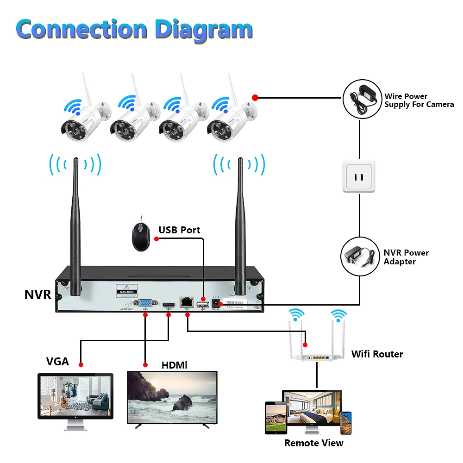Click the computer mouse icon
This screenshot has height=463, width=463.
tap(140, 236)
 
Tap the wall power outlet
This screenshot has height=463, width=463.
tap(358, 176)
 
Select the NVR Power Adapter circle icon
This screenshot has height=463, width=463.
tap(360, 257)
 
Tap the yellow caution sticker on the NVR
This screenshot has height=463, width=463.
tap(127, 290)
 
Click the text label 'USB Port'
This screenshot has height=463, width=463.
tap(179, 230)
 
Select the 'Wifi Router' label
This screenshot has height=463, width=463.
tap(377, 354)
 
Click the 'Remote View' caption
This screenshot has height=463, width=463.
tap(313, 443)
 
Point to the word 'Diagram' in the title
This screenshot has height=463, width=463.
tap(204, 29)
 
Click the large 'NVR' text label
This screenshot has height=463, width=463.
tap(38, 294)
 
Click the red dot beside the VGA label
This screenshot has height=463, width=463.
tap(81, 365)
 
